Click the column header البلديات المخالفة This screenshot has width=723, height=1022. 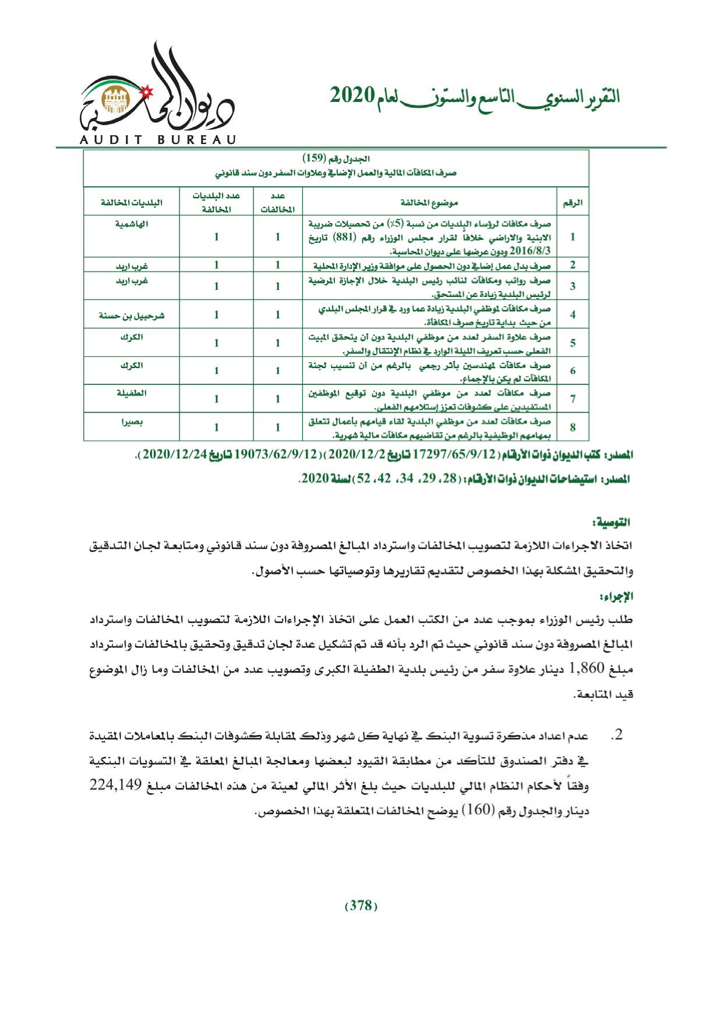point(132,203)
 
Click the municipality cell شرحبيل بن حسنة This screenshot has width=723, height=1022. point(132,315)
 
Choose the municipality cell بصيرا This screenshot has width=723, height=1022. point(132,421)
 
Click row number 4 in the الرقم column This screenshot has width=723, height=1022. point(573,315)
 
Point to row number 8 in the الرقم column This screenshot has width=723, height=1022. point(573,427)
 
